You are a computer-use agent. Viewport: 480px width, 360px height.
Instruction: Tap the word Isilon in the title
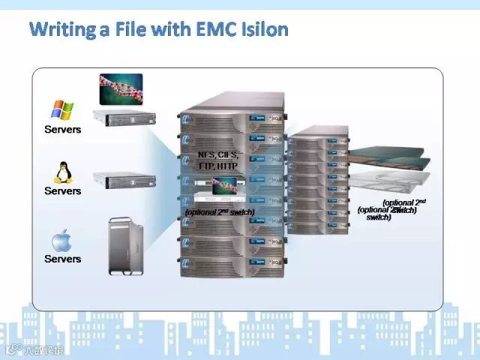pyautogui.click(x=261, y=31)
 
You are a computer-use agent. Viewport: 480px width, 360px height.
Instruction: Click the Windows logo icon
pyautogui.click(x=62, y=110)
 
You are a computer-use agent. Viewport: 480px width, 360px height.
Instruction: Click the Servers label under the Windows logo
pyautogui.click(x=62, y=130)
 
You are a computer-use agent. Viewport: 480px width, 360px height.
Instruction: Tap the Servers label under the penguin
pyautogui.click(x=62, y=191)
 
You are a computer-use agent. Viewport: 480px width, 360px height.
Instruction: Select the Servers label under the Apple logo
pyautogui.click(x=62, y=259)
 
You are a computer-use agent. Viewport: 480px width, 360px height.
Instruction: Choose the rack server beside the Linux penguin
pyautogui.click(x=124, y=181)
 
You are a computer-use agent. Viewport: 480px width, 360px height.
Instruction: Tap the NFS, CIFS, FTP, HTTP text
pyautogui.click(x=217, y=159)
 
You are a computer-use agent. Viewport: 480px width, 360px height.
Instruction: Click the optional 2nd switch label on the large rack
pyautogui.click(x=219, y=212)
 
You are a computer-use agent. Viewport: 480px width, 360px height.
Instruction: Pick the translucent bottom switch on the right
pyautogui.click(x=394, y=181)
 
